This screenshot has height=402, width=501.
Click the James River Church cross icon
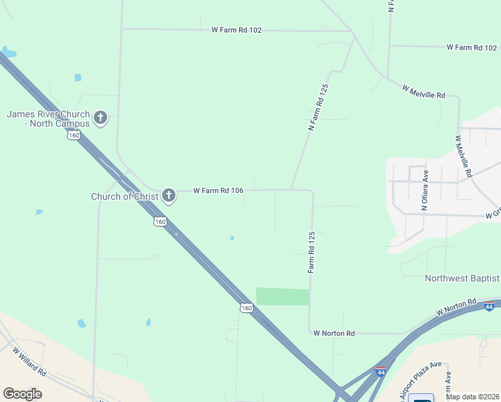[x=100, y=119]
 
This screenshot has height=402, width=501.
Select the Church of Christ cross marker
[x=168, y=196]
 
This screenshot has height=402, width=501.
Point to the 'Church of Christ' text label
[x=125, y=196]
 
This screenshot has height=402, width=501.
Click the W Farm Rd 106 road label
[x=218, y=190]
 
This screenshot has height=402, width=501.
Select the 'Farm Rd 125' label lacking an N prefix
[x=311, y=252]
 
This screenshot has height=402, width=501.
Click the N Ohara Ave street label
[x=424, y=190]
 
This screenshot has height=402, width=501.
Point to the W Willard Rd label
[x=27, y=362]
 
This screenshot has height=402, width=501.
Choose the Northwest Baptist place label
[x=462, y=278]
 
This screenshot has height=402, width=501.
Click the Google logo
[x=22, y=394]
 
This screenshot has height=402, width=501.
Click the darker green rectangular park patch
[x=283, y=297]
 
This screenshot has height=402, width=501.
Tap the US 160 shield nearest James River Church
[x=74, y=135]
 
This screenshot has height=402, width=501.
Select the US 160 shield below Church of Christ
[x=159, y=222]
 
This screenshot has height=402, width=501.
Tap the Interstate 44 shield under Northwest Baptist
[x=489, y=306]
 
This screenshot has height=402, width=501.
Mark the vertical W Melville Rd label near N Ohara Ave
[x=463, y=157]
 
